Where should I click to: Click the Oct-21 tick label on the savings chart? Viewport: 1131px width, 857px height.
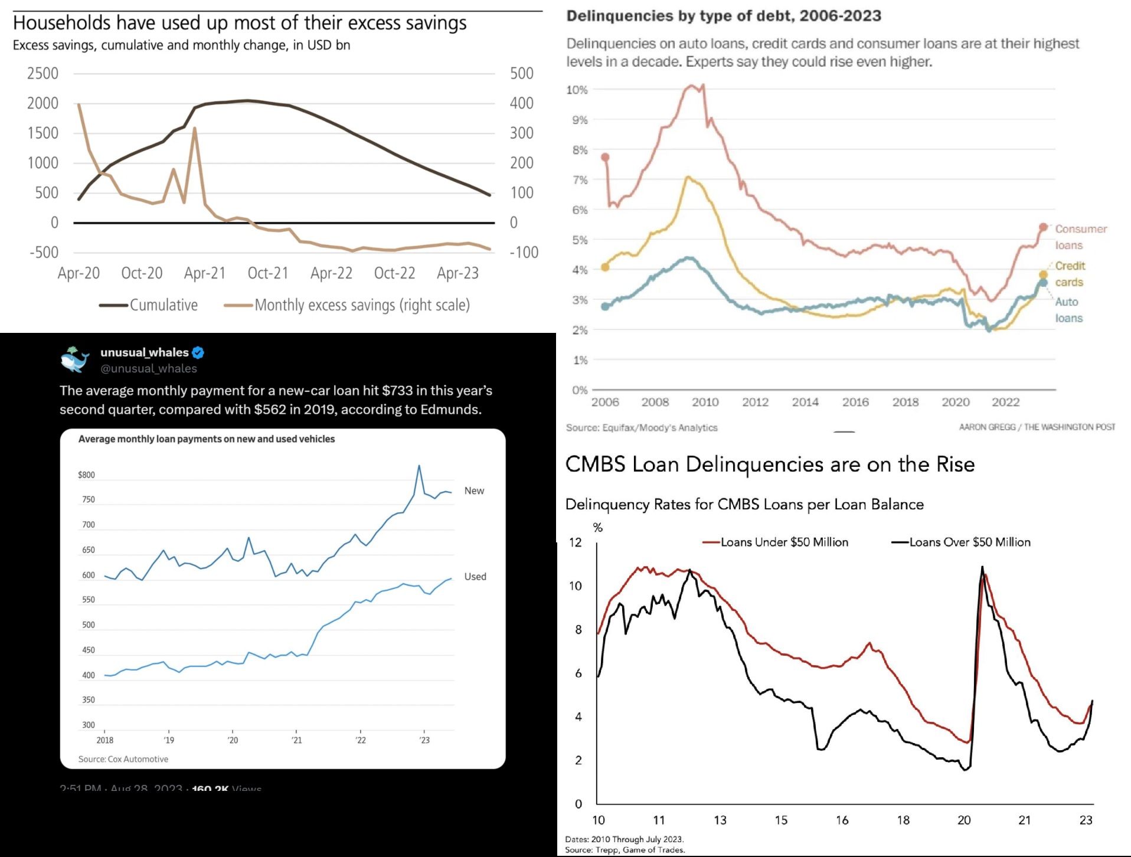[268, 273]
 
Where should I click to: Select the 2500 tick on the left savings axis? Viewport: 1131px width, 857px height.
[43, 74]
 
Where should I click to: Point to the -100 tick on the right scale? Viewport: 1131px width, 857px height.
[524, 253]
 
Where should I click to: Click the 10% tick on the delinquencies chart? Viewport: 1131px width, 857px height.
[577, 90]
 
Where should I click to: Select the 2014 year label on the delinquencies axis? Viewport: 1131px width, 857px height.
[805, 403]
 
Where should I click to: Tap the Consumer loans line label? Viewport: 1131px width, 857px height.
[1080, 237]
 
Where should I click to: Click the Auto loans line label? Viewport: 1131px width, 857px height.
[1068, 310]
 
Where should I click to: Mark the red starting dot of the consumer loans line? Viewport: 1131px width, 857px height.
[605, 158]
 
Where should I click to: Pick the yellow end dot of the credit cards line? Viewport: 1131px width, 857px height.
[1043, 274]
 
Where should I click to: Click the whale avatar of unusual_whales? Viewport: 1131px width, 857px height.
[75, 359]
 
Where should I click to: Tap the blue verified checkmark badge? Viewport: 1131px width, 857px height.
[198, 353]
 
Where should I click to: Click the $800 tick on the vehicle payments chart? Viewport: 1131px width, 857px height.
[86, 475]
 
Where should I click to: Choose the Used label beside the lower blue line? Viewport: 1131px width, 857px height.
[475, 577]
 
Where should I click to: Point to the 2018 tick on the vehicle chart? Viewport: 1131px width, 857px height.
[104, 740]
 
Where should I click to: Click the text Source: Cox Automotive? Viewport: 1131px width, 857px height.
[123, 759]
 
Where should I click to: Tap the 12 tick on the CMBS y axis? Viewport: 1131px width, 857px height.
[575, 542]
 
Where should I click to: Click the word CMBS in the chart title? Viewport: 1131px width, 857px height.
[595, 465]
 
